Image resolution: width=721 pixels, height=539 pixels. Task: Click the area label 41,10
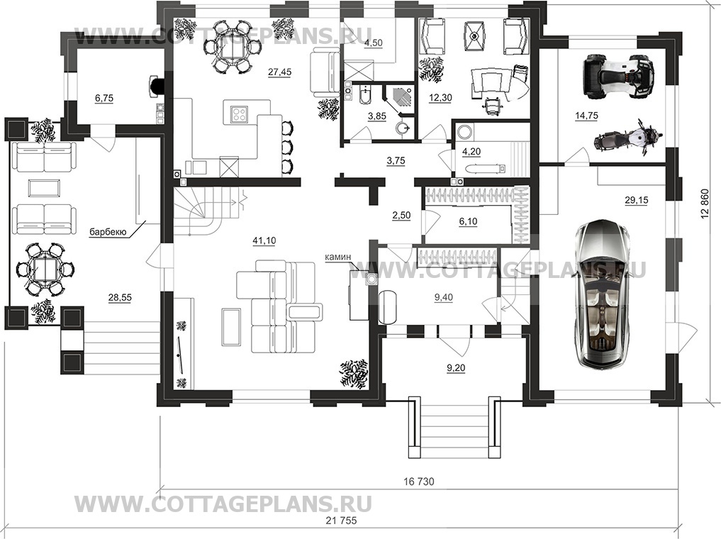[264, 240]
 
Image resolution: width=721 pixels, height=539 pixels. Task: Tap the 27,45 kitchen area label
[279, 72]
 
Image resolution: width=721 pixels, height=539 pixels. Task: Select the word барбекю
[108, 232]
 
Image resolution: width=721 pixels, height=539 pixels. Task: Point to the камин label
[338, 257]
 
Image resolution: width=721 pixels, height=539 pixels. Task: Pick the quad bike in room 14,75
[618, 77]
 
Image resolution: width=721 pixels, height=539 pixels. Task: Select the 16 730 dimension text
[419, 482]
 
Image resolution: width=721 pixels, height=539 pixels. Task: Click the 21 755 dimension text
[341, 521]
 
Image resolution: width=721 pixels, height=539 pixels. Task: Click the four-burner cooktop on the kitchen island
[239, 113]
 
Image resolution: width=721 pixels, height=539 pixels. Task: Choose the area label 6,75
[104, 98]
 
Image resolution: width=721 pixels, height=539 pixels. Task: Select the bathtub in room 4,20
[486, 169]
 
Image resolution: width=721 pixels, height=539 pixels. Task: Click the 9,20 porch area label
[455, 368]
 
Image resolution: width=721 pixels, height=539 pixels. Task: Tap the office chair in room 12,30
[491, 107]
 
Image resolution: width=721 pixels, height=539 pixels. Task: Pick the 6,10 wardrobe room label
[468, 221]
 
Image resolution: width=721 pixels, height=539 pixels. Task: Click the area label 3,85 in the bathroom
[377, 116]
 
